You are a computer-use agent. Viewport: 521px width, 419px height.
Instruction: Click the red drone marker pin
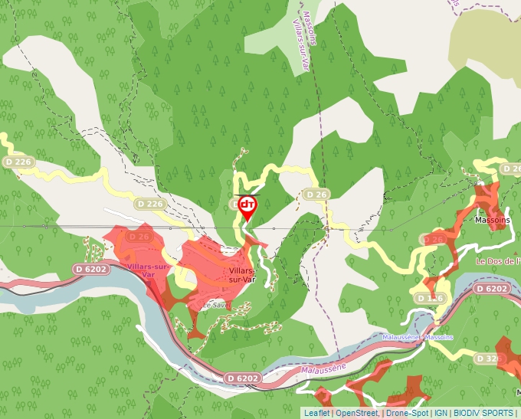click(x=247, y=207)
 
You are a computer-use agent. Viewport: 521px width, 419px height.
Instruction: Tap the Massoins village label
click(x=492, y=220)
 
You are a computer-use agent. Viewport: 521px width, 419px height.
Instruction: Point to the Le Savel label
click(x=215, y=304)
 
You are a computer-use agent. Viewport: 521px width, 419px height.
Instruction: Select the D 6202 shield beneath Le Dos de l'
click(x=491, y=289)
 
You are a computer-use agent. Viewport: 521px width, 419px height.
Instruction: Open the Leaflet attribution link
click(x=316, y=413)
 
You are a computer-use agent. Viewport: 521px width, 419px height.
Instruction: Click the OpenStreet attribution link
click(x=356, y=413)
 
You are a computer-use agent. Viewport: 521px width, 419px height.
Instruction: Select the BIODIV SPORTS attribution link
click(x=483, y=413)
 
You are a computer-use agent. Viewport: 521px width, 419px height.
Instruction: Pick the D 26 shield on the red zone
click(x=139, y=237)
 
